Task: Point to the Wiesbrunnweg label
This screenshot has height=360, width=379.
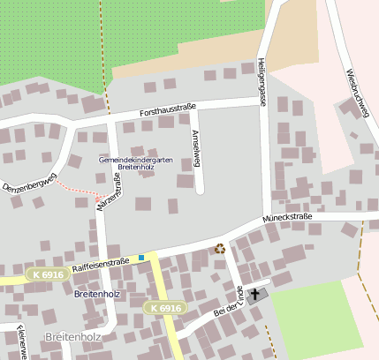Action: point(357,91)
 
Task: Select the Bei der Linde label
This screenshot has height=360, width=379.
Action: point(228,301)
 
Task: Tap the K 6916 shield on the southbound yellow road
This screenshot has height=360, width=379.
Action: point(164,308)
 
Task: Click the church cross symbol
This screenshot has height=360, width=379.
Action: point(256,294)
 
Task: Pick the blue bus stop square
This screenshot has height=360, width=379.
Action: point(140,258)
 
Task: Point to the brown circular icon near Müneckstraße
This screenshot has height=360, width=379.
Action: point(220,249)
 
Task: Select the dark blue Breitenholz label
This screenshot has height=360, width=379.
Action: point(96,294)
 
